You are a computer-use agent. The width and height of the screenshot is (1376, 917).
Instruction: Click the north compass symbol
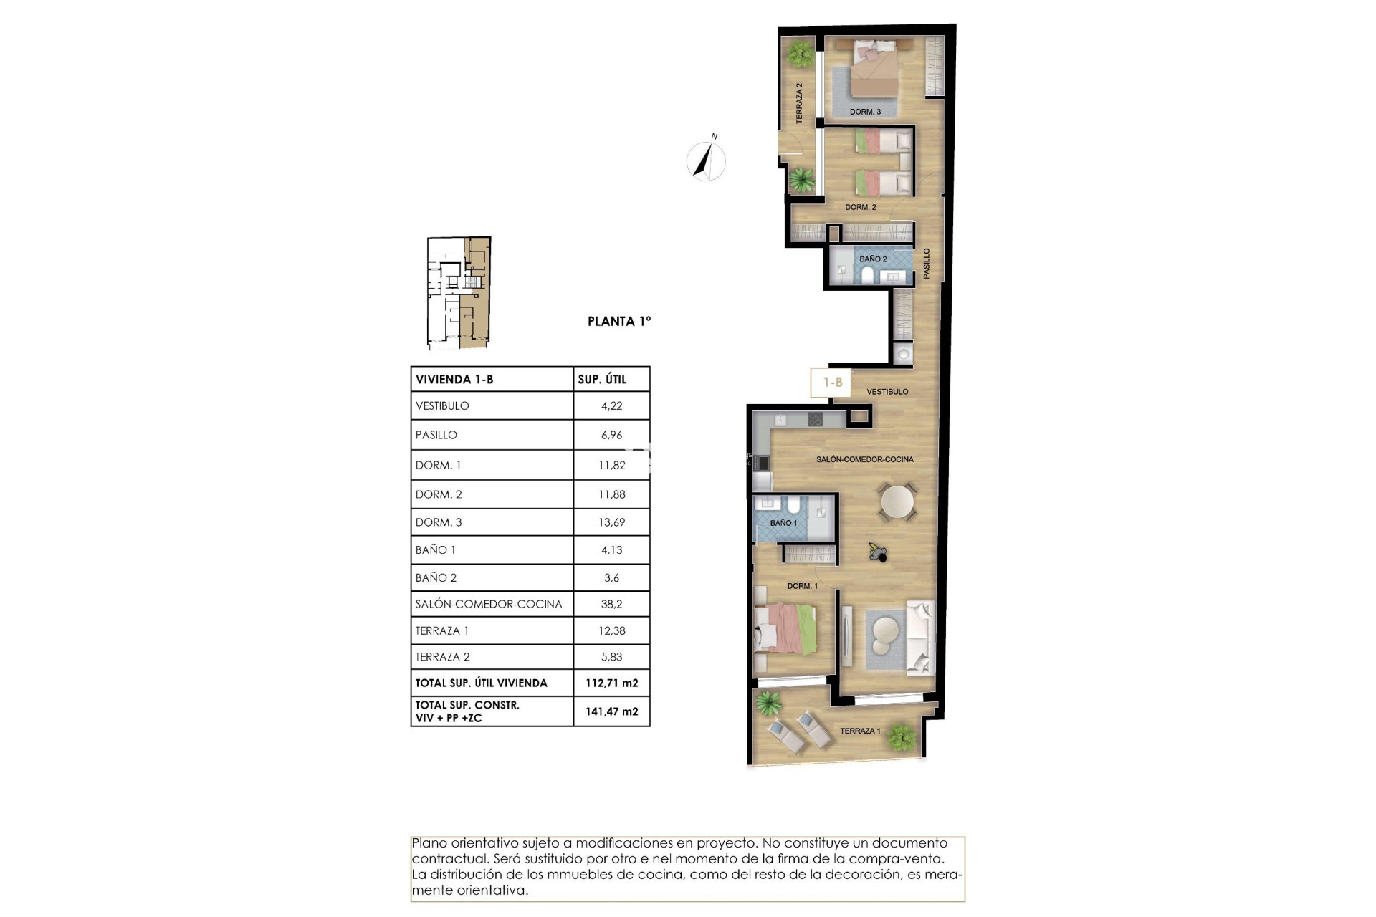coord(706,160)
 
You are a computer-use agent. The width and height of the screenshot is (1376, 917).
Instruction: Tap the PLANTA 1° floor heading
coord(619,322)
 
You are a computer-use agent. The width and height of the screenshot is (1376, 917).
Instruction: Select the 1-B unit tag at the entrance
coord(831,383)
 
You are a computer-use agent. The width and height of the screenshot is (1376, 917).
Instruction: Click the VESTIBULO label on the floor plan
coord(887,392)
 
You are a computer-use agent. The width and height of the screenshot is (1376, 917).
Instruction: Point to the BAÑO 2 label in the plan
coord(873,259)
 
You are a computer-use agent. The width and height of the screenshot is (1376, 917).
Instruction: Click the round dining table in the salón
coord(898,502)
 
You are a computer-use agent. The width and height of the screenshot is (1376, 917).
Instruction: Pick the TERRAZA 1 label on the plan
coord(860,731)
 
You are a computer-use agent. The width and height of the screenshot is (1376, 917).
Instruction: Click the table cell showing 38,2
coord(611,604)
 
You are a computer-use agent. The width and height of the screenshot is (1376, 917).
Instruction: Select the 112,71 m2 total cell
coord(611,683)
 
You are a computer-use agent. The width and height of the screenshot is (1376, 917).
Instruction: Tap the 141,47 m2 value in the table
coord(611,711)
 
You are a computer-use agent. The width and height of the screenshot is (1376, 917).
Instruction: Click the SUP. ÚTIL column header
coord(602,380)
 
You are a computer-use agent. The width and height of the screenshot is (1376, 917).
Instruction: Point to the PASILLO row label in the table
coord(436,435)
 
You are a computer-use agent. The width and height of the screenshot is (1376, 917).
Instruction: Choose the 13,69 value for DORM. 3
coord(611,522)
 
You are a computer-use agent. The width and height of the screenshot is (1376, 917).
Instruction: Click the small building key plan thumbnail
coord(459,292)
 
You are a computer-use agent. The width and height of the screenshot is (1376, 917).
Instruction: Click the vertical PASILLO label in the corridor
coord(926,264)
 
